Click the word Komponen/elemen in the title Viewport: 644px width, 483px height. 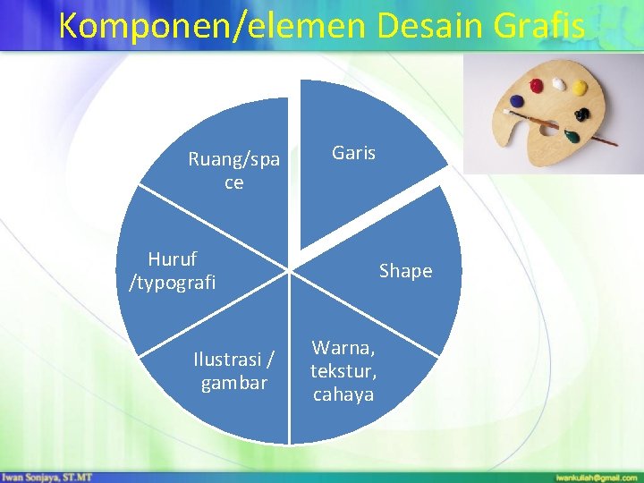coord(214,26)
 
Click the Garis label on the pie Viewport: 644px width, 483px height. coord(353,153)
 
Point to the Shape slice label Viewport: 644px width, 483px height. coord(405,270)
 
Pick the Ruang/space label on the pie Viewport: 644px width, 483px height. coord(233,171)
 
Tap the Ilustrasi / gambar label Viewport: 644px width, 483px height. coord(233,371)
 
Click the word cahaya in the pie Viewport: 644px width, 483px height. coord(343,394)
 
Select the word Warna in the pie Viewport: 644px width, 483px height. coord(343,347)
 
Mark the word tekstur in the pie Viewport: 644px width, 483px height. coord(343,371)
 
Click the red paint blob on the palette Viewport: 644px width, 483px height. coord(536,86)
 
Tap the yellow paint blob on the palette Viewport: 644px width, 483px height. coord(580,88)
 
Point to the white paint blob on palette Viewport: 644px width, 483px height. coord(559,83)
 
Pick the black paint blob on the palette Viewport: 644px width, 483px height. coord(583,115)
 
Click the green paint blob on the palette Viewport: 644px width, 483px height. coord(570,136)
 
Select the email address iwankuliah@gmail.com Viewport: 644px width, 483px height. coord(596,477)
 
